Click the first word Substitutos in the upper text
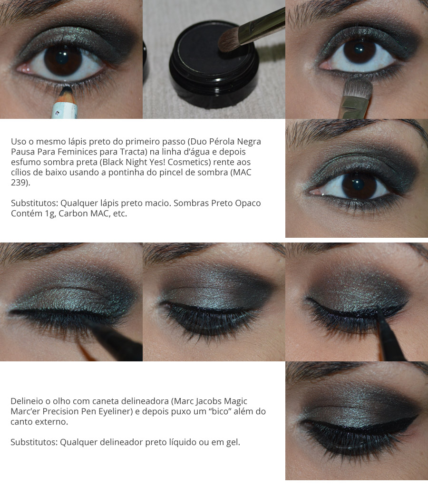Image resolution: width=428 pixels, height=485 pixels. (34, 203)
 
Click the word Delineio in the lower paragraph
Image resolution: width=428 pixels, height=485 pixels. (27, 401)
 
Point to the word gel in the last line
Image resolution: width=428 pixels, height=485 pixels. (232, 442)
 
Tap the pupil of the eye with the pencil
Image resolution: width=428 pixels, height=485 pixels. (63, 59)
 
